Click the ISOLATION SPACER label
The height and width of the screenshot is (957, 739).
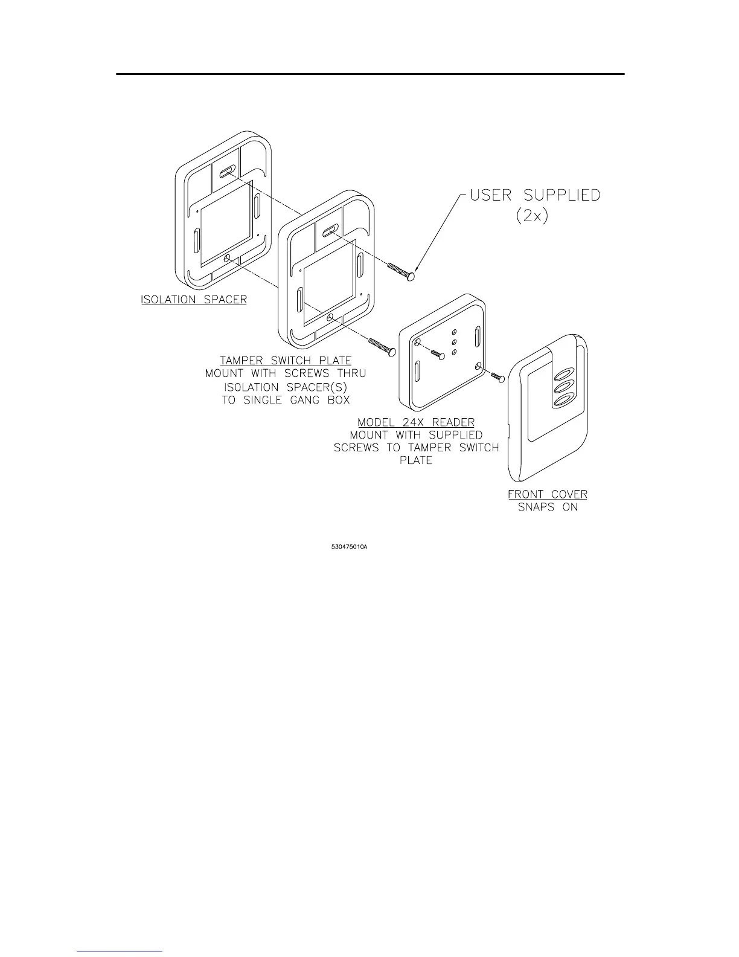194,300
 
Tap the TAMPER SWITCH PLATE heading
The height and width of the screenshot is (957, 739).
286,361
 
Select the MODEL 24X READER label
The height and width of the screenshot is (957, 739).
416,422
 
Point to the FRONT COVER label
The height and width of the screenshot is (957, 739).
548,494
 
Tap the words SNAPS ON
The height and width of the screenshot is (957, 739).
548,507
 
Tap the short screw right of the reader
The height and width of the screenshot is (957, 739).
498,377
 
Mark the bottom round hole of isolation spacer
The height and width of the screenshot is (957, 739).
226,259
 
